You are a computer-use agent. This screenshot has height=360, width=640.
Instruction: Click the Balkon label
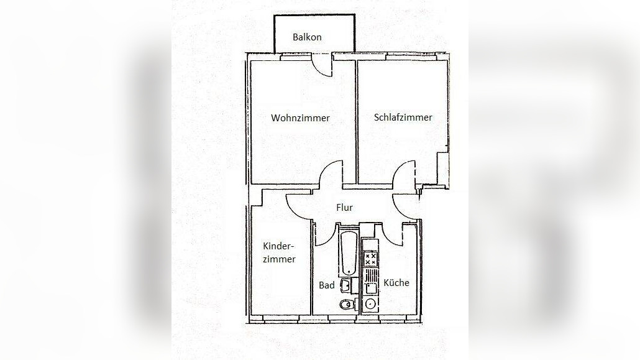pyautogui.click(x=307, y=37)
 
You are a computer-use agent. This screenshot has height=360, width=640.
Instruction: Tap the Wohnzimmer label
pyautogui.click(x=300, y=118)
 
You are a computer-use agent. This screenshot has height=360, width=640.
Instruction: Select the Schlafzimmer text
pyautogui.click(x=403, y=117)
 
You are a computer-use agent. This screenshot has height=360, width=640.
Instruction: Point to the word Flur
pyautogui.click(x=344, y=208)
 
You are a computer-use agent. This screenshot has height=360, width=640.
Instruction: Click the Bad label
pyautogui.click(x=327, y=285)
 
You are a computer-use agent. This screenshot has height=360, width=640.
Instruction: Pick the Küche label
pyautogui.click(x=396, y=283)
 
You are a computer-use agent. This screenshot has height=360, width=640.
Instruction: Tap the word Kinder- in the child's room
pyautogui.click(x=278, y=246)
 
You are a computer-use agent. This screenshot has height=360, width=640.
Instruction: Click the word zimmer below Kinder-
pyautogui.click(x=278, y=259)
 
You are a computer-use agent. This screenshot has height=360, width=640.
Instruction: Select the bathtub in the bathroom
pyautogui.click(x=348, y=254)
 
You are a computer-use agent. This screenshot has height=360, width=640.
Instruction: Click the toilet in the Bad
pyautogui.click(x=345, y=304)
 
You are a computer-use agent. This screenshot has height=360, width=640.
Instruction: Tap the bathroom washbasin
pyautogui.click(x=346, y=285)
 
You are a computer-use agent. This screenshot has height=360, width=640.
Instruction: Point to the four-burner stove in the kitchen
pyautogui.click(x=370, y=259)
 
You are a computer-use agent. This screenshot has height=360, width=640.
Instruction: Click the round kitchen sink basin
pyautogui.click(x=371, y=304)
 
